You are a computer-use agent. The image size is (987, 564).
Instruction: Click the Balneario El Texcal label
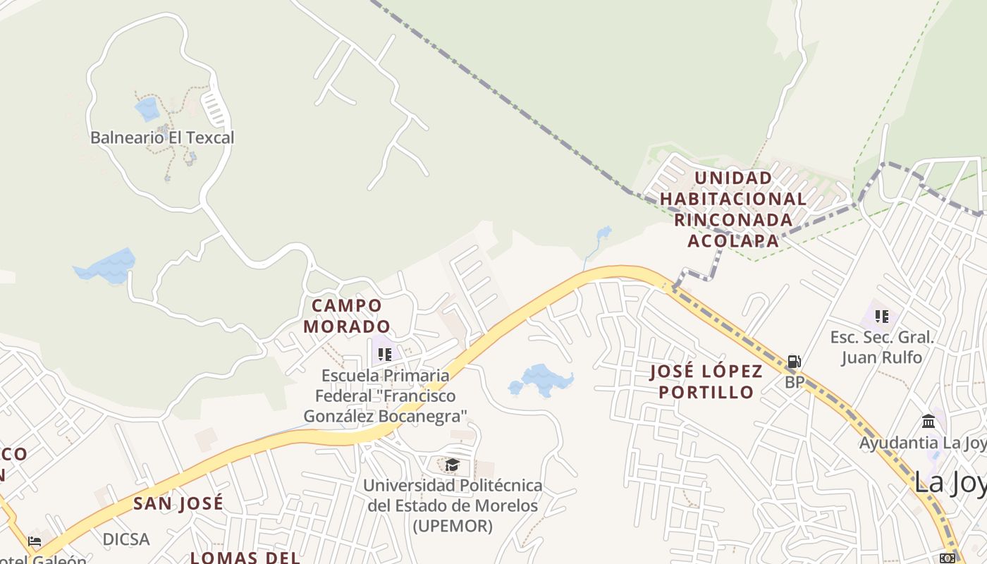(162, 137)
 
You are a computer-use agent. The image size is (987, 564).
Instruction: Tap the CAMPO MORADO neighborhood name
(347, 316)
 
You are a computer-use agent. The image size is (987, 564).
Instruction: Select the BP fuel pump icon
(795, 362)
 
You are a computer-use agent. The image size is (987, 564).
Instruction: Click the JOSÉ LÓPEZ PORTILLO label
(706, 381)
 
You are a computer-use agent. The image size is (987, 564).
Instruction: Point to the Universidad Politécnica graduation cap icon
(452, 465)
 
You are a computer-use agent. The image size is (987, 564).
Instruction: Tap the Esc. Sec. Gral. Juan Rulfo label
(882, 347)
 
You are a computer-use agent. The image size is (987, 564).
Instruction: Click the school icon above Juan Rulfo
(882, 317)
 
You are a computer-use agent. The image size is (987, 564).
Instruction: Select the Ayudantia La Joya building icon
(928, 421)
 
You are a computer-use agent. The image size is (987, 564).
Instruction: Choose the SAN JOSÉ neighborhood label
(178, 503)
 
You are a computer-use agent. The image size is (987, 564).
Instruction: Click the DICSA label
(126, 539)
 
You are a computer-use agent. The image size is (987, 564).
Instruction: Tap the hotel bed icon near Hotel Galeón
(35, 541)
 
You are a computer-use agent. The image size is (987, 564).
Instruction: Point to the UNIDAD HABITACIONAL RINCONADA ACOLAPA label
(732, 209)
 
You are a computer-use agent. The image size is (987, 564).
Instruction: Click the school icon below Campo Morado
(384, 354)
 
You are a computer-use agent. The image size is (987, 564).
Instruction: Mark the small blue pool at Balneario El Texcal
(147, 109)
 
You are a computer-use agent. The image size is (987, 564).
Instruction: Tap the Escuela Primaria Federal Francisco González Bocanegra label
(385, 396)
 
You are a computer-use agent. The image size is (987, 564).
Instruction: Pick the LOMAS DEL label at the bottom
(245, 557)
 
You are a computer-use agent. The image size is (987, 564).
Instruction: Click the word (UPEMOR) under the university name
(452, 526)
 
